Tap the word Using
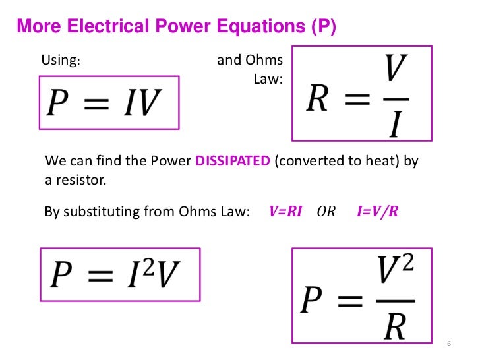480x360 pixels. [x=60, y=61]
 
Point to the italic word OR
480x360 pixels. [x=326, y=212]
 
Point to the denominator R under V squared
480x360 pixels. [x=394, y=326]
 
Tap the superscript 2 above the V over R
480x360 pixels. [x=409, y=267]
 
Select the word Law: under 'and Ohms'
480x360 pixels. [x=268, y=79]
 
